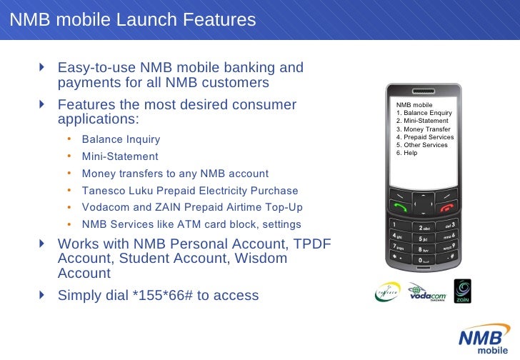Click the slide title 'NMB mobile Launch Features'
(133, 20)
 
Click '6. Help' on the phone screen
(406, 152)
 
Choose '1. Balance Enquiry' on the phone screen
(424, 113)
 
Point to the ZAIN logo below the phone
(463, 291)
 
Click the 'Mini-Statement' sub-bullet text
(120, 156)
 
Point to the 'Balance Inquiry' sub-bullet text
(121, 139)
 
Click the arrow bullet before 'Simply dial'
(42, 294)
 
